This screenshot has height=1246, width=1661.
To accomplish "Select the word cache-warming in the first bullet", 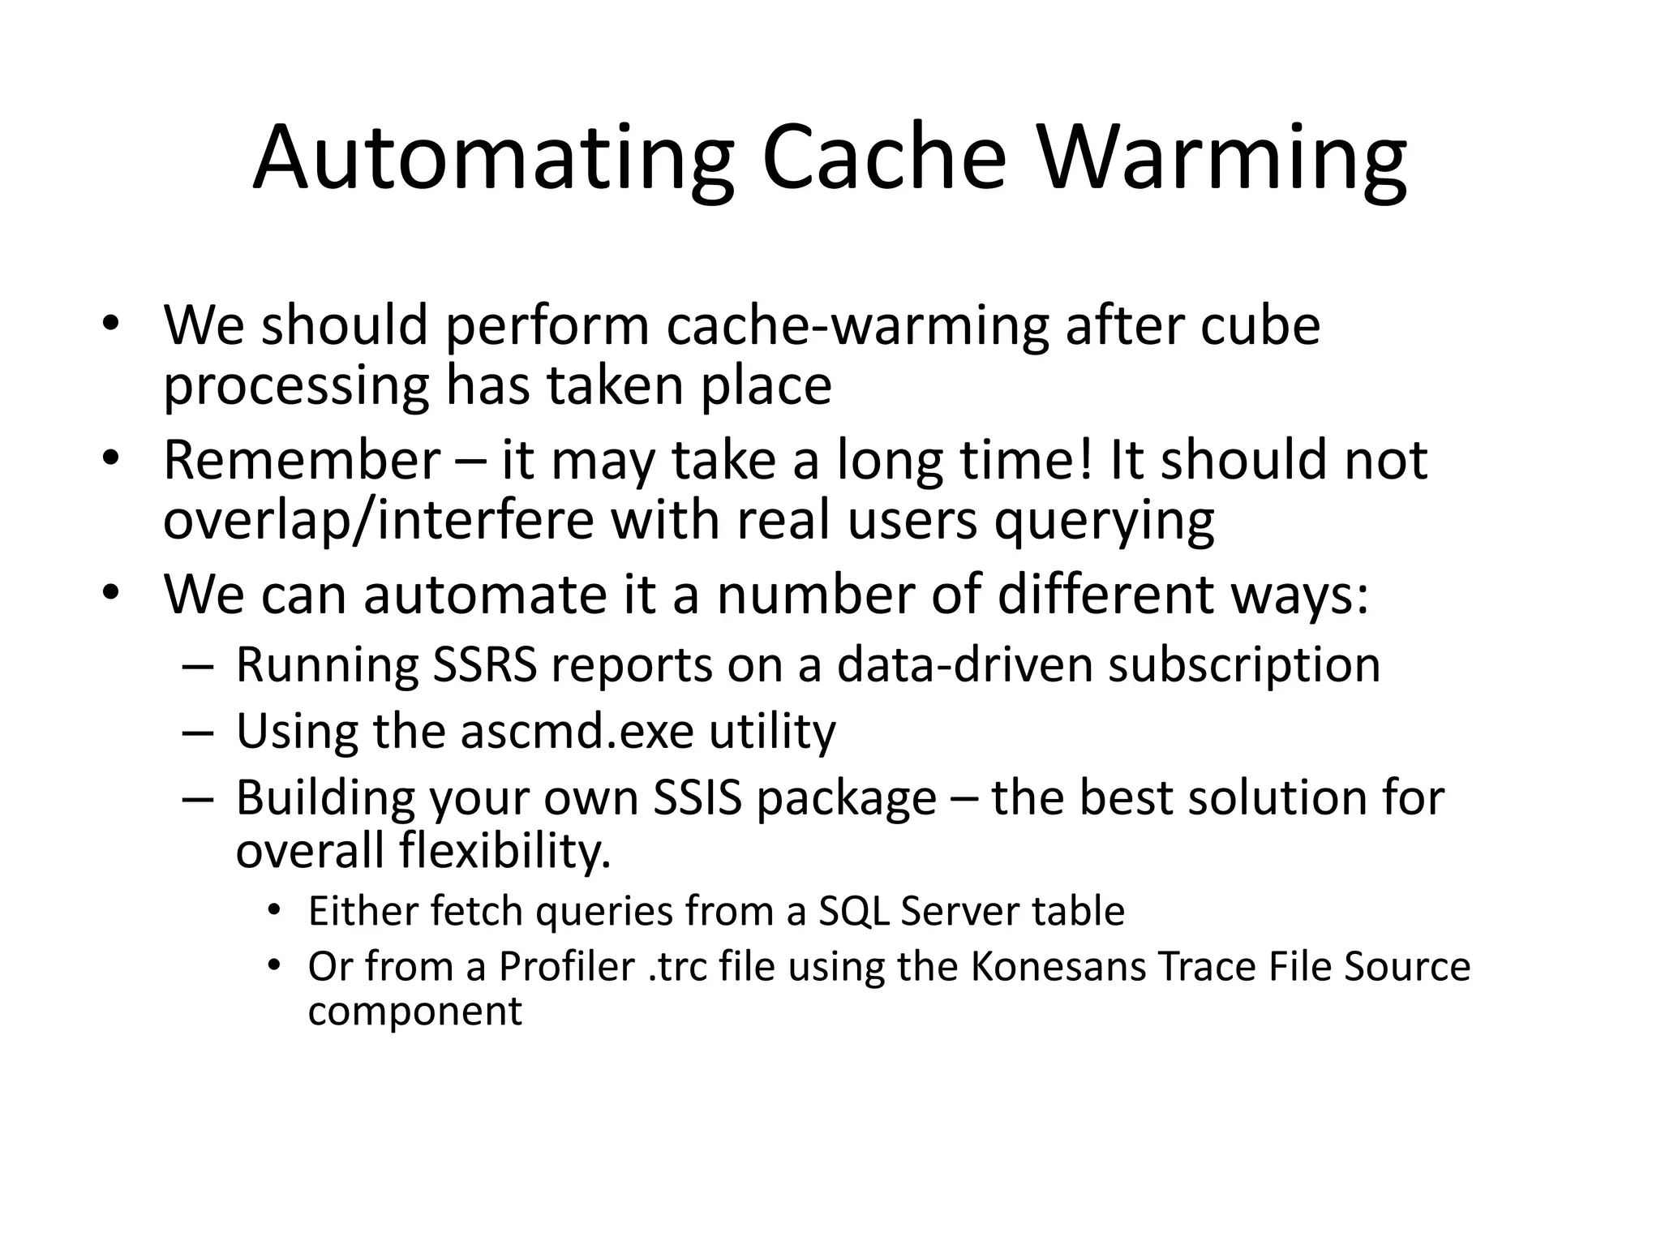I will tap(857, 326).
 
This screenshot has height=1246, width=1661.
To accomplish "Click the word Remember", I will tap(302, 460).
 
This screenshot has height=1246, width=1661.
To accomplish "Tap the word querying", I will tap(1104, 522).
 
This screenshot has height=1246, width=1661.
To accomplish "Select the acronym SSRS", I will tap(484, 665).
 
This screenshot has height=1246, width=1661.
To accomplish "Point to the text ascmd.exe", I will tap(577, 732).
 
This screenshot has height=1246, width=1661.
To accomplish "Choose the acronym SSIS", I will tap(697, 798).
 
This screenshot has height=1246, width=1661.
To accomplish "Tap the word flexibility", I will tap(504, 851).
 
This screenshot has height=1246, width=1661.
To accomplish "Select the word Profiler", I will tap(566, 967).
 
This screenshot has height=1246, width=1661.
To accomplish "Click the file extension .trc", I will tap(676, 967).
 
